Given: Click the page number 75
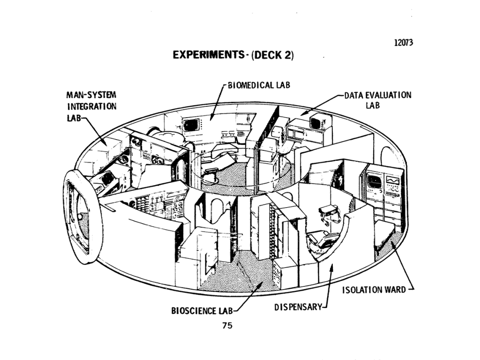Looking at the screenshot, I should click(x=227, y=326).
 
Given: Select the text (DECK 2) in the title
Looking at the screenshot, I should click(x=272, y=55).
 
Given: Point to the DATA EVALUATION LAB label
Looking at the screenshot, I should click(x=378, y=100).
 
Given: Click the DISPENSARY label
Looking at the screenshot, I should click(x=298, y=307).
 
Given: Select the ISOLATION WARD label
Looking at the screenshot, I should click(x=374, y=289).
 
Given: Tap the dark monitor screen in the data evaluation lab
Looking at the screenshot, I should click(x=315, y=123).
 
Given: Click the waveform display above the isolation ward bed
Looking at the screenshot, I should click(x=392, y=180).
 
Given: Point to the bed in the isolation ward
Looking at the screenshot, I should click(x=385, y=233).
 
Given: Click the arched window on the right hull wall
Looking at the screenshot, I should click(x=387, y=157).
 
